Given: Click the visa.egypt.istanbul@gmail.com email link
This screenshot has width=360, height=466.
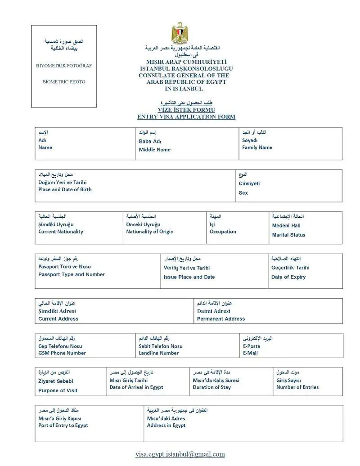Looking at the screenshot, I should tap(180, 454).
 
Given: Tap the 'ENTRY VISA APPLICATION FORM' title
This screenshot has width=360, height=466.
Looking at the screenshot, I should tap(186, 117).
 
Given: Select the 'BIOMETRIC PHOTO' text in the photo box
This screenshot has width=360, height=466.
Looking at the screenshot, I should tap(64, 82).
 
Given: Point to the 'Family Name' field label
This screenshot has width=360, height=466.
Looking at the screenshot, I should tap(257, 148).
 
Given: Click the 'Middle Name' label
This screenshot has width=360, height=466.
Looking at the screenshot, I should tap(154, 150).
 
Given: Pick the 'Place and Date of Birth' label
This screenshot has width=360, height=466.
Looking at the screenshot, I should tap(65, 190).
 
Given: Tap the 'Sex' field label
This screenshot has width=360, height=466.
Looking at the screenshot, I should tap(243, 193).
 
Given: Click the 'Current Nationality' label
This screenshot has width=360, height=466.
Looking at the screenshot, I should tap(61, 232).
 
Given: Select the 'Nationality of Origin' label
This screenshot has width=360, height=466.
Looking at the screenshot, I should tap(149, 232).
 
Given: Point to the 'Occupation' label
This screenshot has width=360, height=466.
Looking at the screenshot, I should tap(223, 232).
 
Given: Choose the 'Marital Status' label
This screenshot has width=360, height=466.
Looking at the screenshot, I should tap(288, 235).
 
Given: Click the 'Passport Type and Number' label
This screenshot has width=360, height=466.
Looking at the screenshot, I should tap(72, 275).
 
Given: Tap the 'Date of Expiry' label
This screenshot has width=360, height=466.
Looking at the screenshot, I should tap(288, 277).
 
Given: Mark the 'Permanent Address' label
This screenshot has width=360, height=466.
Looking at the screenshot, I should tap(221, 319).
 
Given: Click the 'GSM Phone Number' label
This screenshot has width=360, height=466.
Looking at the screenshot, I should tap(62, 354).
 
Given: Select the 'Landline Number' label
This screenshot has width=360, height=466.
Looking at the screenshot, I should tap(159, 354).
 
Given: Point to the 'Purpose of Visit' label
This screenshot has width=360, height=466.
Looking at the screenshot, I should tap(58, 390).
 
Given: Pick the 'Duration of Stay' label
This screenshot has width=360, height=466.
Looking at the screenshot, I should tap(212, 387).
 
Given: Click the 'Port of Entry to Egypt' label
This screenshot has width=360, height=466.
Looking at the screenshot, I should tap(63, 426).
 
